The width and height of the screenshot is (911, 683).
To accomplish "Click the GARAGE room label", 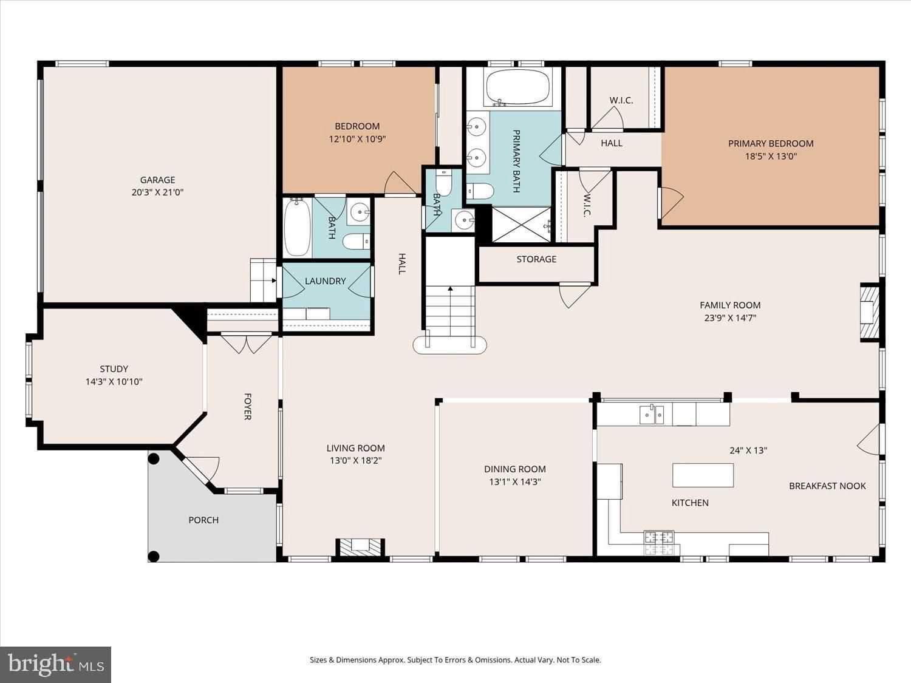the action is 157,180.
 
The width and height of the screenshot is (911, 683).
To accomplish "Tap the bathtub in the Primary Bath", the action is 517,87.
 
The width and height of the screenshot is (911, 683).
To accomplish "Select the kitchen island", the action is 703,475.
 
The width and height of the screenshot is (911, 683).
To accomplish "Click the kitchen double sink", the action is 652,415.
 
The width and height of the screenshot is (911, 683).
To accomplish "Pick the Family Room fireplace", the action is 870,312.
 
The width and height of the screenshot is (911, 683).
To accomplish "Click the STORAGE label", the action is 536,259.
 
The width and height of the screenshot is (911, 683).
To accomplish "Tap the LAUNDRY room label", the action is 325,281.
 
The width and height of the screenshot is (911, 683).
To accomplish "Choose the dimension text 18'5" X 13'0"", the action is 771,157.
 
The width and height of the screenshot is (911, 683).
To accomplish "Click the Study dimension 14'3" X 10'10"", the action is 114,381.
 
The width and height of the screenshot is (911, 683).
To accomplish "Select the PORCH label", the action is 203,520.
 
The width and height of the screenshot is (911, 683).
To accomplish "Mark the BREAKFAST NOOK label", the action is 827,486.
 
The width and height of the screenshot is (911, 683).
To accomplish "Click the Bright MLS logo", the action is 56,664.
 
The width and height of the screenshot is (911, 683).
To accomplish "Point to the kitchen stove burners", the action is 659,543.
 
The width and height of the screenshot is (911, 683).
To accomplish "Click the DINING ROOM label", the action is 514,469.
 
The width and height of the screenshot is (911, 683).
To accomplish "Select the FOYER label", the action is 247,407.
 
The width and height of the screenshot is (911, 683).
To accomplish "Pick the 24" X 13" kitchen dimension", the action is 748,450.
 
